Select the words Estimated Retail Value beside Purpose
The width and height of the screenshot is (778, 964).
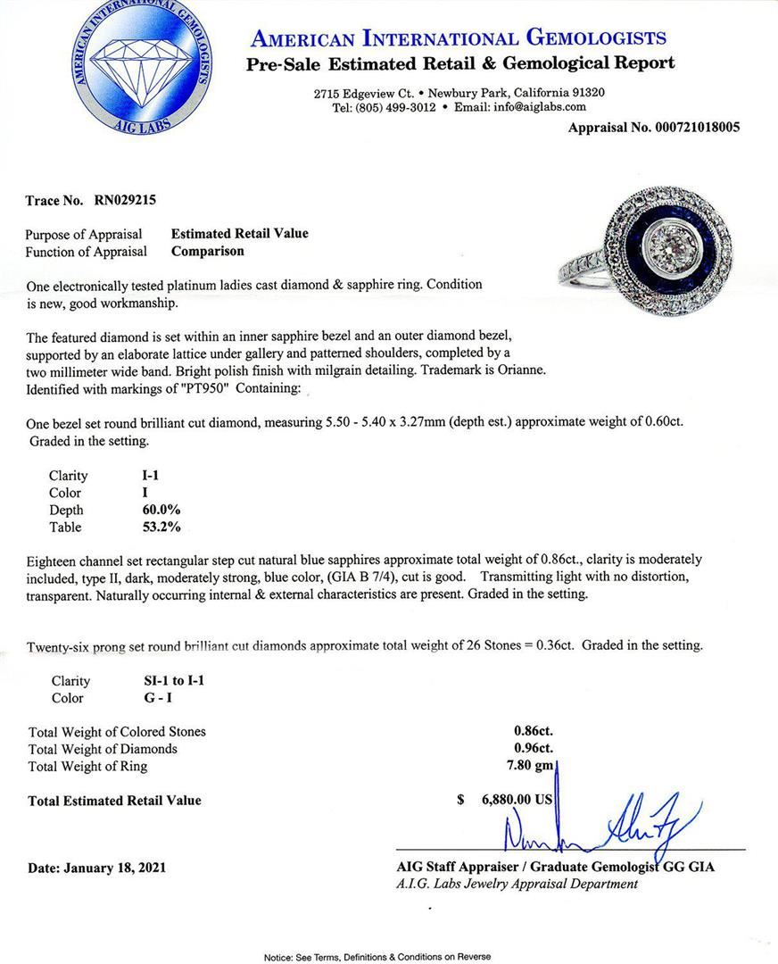tap(239, 234)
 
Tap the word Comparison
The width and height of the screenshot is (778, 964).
tap(207, 251)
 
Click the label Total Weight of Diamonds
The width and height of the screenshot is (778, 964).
tap(103, 749)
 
